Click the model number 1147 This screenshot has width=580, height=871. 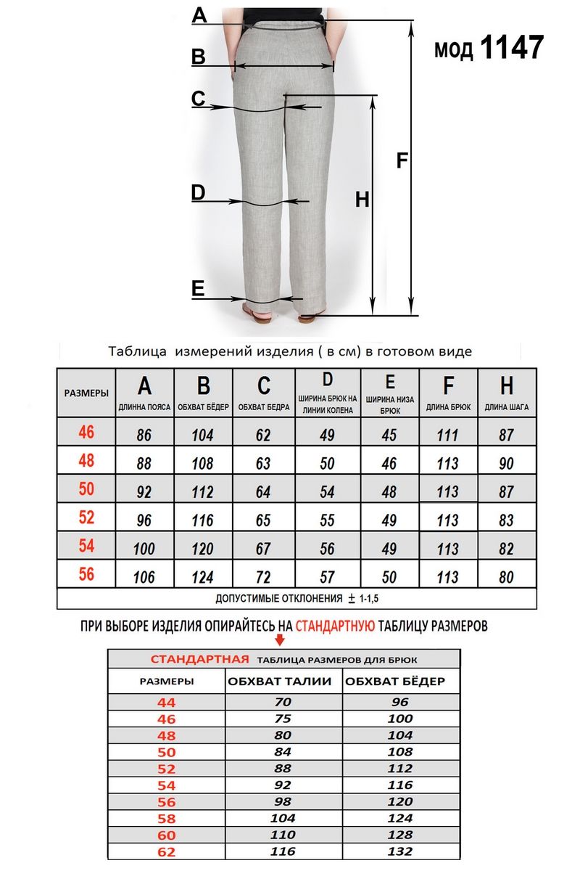512,49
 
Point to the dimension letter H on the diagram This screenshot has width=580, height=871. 362,200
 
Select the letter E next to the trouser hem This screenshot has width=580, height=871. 198,290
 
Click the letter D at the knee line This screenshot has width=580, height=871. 198,193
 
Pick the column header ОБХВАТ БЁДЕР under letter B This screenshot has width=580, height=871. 203,408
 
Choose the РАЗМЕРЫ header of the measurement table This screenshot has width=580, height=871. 86,393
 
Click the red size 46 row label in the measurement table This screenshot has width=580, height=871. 86,433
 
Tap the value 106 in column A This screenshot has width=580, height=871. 144,578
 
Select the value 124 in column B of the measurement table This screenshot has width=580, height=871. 203,578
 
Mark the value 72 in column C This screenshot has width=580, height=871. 263,578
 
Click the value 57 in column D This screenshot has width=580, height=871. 327,578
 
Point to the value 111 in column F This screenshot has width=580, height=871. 448,435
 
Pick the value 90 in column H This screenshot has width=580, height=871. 507,464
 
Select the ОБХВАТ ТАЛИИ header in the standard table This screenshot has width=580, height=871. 280,682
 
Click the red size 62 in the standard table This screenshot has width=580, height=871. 166,851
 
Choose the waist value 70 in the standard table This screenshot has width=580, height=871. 283,702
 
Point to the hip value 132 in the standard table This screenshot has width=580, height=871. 400,851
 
